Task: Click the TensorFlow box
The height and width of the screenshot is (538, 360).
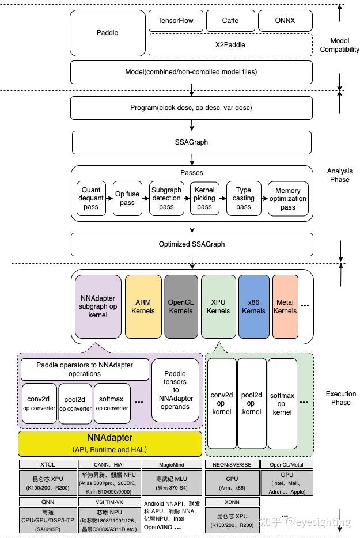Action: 176,21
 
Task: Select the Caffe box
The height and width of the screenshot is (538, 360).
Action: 230,21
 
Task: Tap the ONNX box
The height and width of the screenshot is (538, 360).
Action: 285,21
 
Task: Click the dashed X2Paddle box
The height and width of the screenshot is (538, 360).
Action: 230,44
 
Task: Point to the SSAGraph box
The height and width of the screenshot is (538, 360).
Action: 191,142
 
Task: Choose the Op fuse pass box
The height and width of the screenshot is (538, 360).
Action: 127,199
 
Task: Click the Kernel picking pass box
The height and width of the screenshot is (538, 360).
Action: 204,199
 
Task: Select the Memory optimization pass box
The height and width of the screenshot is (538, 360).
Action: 287,199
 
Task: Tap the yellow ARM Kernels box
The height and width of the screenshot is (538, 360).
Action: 143,306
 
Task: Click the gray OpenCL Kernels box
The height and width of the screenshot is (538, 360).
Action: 181,306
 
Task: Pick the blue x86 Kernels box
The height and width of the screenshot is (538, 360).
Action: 253,306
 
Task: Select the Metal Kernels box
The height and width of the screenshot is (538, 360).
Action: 285,306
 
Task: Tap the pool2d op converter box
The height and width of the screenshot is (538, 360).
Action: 75,403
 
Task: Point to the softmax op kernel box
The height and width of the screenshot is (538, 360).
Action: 282,403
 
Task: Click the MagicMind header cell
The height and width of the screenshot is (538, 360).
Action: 172,464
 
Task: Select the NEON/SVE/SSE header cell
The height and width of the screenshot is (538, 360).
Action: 232,464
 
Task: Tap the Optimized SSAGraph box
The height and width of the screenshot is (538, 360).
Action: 191,244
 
